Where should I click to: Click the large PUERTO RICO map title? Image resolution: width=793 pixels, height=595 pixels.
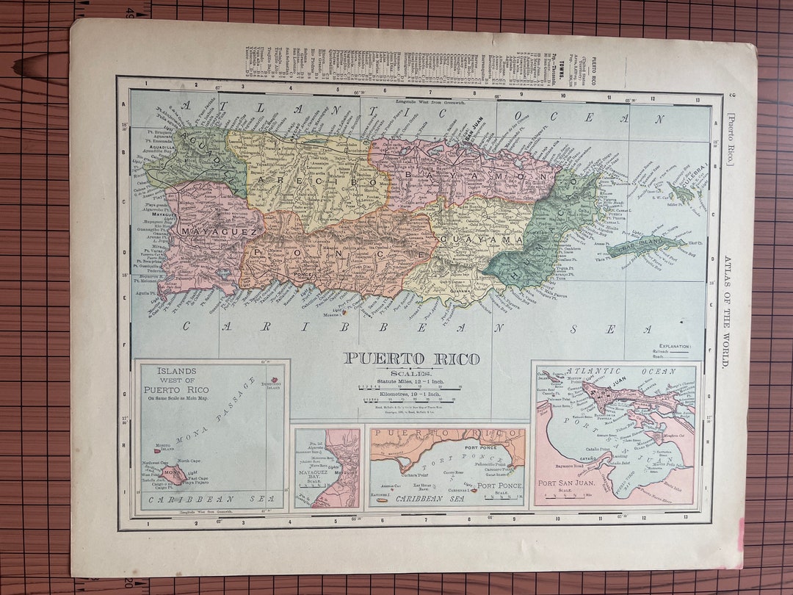coord(411,359)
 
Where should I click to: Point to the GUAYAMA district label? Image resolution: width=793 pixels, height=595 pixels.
coord(481,239)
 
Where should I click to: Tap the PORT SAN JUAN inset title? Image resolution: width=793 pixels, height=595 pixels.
coord(571,483)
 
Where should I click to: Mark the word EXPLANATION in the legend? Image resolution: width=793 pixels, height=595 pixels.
coord(675,345)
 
